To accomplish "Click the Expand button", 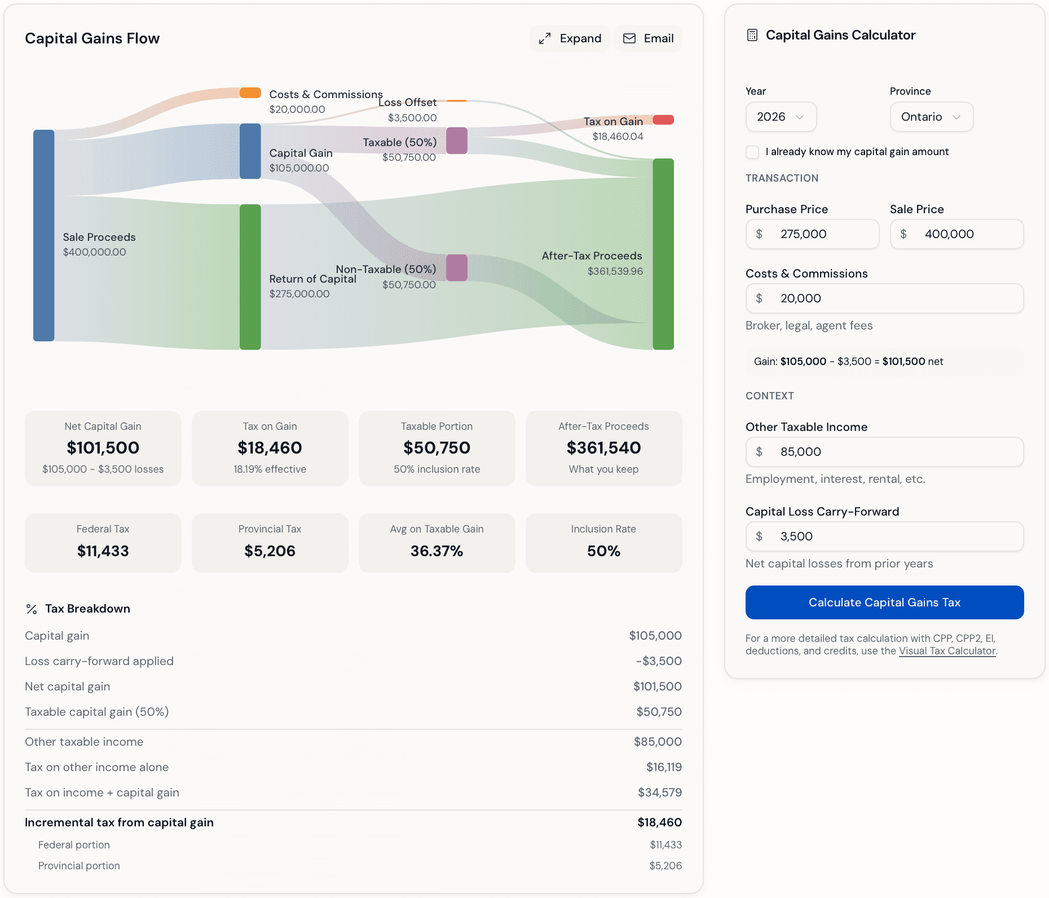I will pyautogui.click(x=570, y=38).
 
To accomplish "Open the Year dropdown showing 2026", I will pyautogui.click(x=781, y=117).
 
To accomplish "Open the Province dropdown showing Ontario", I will pyautogui.click(x=931, y=117).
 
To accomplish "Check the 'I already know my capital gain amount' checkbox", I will pyautogui.click(x=752, y=152).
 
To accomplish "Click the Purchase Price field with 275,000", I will pyautogui.click(x=812, y=234).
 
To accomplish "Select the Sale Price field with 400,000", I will pyautogui.click(x=957, y=234).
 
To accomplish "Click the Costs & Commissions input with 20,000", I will pyautogui.click(x=884, y=298).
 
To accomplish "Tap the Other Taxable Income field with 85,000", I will pyautogui.click(x=884, y=452).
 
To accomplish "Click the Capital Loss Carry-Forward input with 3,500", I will pyautogui.click(x=884, y=536).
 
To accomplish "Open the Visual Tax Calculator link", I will pyautogui.click(x=947, y=651).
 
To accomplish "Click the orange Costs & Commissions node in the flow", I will pyautogui.click(x=250, y=93).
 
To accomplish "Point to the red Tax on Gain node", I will pyautogui.click(x=663, y=120).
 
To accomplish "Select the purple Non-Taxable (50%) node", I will pyautogui.click(x=457, y=267).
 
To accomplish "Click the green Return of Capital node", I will pyautogui.click(x=250, y=277).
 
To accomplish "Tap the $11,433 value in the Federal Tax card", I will pyautogui.click(x=103, y=551).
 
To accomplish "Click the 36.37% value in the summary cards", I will pyautogui.click(x=437, y=551).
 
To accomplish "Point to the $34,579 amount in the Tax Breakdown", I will pyautogui.click(x=659, y=793).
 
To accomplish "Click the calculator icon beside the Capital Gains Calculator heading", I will pyautogui.click(x=752, y=35).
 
